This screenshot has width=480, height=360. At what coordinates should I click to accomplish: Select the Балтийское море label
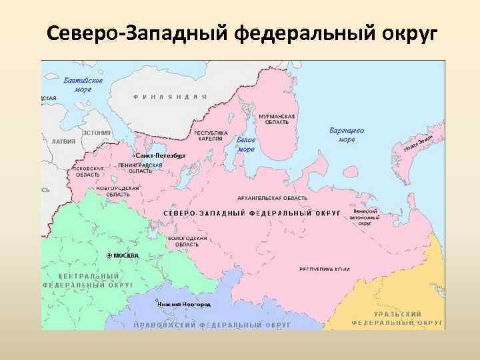pyautogui.click(x=83, y=84)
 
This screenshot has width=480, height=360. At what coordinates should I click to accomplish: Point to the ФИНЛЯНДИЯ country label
pyautogui.click(x=170, y=97)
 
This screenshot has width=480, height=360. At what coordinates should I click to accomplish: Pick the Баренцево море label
pyautogui.click(x=347, y=135)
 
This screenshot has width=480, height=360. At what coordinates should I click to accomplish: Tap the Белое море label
pyautogui.click(x=246, y=145)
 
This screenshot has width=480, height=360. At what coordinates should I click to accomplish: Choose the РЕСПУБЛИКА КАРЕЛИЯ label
pyautogui.click(x=211, y=135)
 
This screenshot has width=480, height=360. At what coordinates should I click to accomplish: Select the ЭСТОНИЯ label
pyautogui.click(x=97, y=133)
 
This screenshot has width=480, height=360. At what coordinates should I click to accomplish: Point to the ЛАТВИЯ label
pyautogui.click(x=63, y=141)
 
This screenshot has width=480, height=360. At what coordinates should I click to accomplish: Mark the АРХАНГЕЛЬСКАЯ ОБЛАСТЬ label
pyautogui.click(x=272, y=198)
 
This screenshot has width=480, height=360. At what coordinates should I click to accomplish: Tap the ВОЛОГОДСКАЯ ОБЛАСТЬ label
pyautogui.click(x=187, y=241)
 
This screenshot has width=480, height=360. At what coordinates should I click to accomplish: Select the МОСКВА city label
pyautogui.click(x=125, y=255)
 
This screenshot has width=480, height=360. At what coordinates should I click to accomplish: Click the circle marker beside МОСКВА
pyautogui.click(x=109, y=255)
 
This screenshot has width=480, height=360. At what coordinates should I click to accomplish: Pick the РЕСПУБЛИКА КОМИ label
pyautogui.click(x=324, y=269)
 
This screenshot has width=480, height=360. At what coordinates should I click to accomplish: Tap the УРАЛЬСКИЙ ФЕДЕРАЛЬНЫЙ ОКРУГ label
pyautogui.click(x=397, y=317)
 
